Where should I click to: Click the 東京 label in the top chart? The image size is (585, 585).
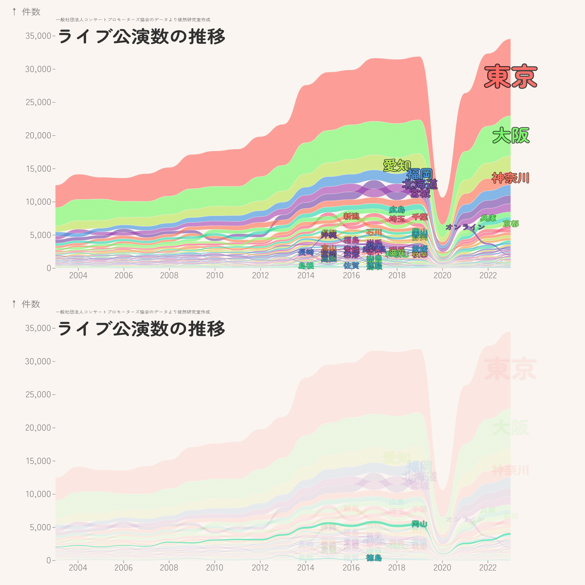point(510,76)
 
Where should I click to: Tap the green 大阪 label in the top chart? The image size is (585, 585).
point(510,135)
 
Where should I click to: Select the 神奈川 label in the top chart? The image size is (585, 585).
point(510,178)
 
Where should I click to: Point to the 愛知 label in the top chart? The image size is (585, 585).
point(397,165)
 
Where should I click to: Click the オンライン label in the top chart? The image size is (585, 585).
point(465,227)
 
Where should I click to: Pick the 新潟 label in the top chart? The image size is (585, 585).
point(351,216)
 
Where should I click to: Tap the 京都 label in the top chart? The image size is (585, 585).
point(511,224)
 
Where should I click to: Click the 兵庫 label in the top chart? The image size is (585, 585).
point(488,218)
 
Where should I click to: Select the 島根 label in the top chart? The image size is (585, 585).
point(306,266)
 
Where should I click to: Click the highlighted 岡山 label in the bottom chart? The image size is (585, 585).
point(419,524)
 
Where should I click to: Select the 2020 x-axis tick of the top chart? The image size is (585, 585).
point(442,276)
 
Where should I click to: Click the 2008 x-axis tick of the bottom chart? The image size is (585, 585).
point(169,568)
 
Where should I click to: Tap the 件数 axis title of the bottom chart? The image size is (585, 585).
point(31,304)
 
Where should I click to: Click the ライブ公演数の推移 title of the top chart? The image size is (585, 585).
point(141,37)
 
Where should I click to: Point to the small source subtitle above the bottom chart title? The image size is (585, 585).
point(133,312)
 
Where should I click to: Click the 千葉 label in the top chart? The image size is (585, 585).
point(420,217)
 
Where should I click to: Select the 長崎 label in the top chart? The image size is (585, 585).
point(306,252)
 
